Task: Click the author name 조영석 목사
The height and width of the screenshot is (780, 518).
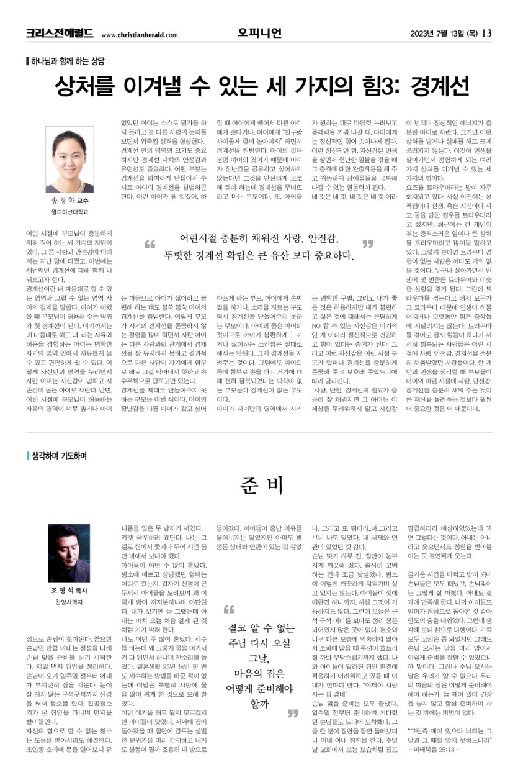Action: pos(69,591)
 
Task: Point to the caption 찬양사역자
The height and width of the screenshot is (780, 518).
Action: pos(69,602)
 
